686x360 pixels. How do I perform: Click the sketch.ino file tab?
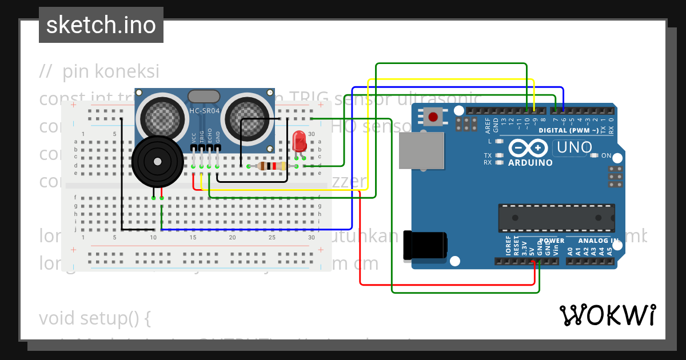click(101, 25)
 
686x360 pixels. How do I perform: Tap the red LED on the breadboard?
click(298, 141)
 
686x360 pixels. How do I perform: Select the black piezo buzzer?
click(158, 162)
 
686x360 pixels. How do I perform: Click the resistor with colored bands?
click(272, 166)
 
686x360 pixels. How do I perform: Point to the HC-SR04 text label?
click(204, 110)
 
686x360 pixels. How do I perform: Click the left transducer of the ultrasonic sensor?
click(162, 115)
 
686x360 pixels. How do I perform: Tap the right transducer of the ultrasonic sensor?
click(246, 115)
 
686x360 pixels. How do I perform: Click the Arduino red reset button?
click(433, 118)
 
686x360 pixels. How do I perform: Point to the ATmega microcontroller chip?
click(556, 218)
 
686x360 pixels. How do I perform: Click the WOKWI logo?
click(607, 315)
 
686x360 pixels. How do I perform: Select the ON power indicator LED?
click(595, 155)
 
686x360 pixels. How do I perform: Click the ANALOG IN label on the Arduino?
click(598, 241)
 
